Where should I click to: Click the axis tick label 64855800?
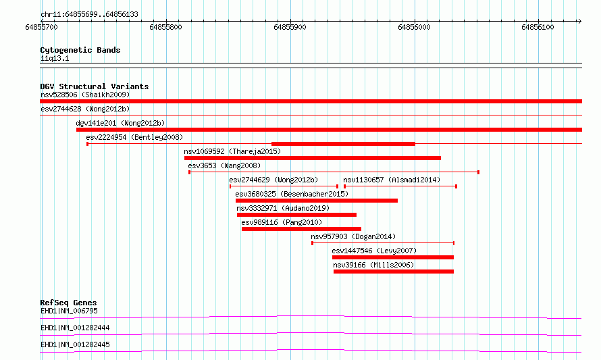[x=165, y=27]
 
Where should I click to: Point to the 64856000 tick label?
[x=414, y=27]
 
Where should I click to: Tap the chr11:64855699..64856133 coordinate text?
[x=89, y=15]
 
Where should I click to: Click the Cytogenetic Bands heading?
[x=80, y=50]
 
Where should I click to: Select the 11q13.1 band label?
[x=55, y=58]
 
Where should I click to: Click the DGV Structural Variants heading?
[x=95, y=86]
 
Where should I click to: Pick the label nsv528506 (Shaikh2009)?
[x=85, y=95]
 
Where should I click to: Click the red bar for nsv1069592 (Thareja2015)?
[x=313, y=158]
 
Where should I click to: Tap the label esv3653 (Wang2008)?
[x=224, y=165]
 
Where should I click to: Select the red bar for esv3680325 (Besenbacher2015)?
[x=317, y=201]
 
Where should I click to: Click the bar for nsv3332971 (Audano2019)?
[x=296, y=215]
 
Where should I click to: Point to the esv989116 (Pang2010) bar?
[x=301, y=229]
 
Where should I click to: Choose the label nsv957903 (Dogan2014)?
[x=353, y=236]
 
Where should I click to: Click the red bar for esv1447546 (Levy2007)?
[x=393, y=257]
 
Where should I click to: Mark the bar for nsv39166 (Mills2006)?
[x=394, y=272]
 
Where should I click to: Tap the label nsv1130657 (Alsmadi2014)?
[x=392, y=180]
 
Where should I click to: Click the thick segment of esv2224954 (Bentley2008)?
[x=343, y=144]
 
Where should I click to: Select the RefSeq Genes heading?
[x=68, y=303]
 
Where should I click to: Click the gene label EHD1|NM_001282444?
[x=75, y=328]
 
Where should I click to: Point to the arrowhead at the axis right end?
[x=579, y=21]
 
